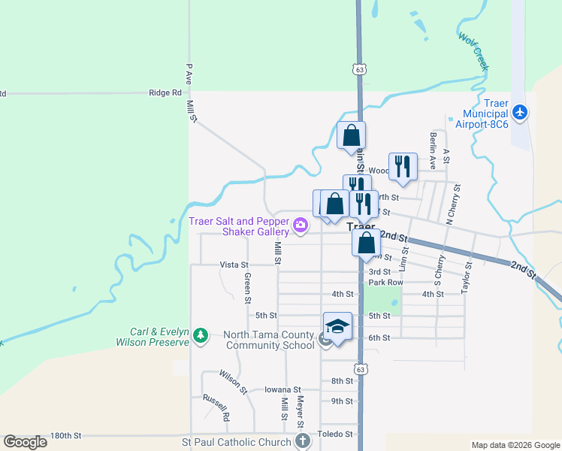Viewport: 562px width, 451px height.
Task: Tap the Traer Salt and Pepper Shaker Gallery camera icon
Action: point(301,225)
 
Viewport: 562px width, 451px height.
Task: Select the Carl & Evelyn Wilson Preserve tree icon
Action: point(200,335)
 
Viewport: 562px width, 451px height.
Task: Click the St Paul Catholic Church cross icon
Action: point(302,441)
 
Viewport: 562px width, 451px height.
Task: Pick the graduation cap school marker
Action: point(338,326)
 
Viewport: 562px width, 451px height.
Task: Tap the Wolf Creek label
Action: point(473,53)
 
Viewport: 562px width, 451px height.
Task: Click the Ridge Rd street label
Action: point(165,93)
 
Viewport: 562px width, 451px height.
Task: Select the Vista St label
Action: point(234,265)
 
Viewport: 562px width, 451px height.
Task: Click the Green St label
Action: point(247,288)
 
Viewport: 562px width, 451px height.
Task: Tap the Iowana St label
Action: point(284,390)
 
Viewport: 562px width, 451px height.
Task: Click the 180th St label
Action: point(65,436)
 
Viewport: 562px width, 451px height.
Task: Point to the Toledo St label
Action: point(337,434)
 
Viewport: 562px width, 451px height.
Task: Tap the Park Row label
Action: point(385,283)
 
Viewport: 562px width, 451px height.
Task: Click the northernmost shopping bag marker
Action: point(351,136)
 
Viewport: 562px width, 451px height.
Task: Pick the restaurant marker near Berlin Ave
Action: point(403,167)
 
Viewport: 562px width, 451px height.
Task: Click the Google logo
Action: point(26,442)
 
